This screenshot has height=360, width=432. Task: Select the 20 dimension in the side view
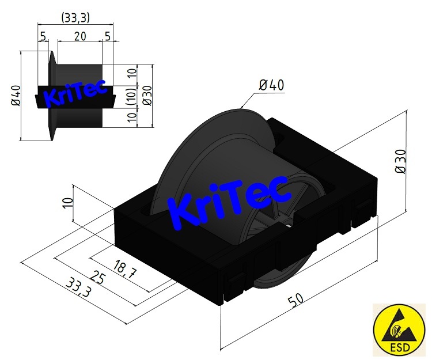click(x=80, y=36)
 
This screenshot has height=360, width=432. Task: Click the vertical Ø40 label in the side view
click(x=16, y=95)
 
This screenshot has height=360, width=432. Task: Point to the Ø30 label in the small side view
click(x=147, y=96)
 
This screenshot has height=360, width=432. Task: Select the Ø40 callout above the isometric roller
click(x=271, y=85)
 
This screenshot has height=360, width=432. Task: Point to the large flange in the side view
click(x=51, y=95)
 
